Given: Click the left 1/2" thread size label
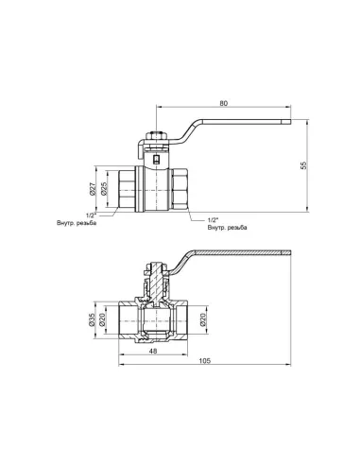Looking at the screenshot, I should point(91,215).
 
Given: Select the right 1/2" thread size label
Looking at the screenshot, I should point(214,219).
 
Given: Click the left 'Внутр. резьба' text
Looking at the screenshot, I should point(77,224).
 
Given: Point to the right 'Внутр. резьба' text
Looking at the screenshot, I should point(228,228).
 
